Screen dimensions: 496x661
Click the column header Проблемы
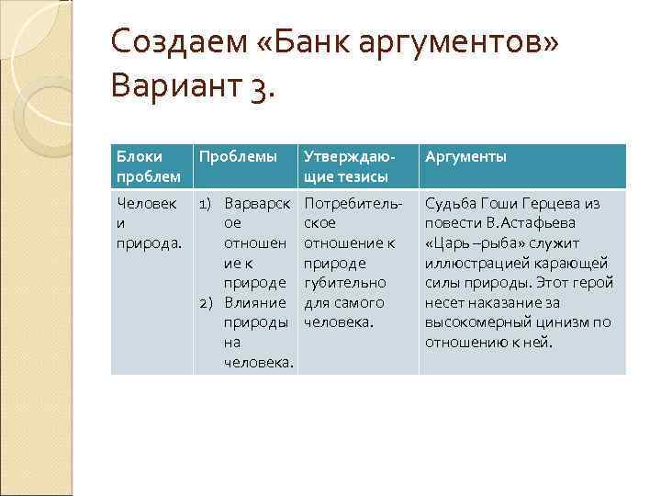pos(238,157)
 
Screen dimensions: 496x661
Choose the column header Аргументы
pos(465,157)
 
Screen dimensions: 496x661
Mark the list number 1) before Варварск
pos(207,203)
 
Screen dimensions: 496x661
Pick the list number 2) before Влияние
pos(207,302)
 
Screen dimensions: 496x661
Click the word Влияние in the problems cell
pos(256,302)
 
